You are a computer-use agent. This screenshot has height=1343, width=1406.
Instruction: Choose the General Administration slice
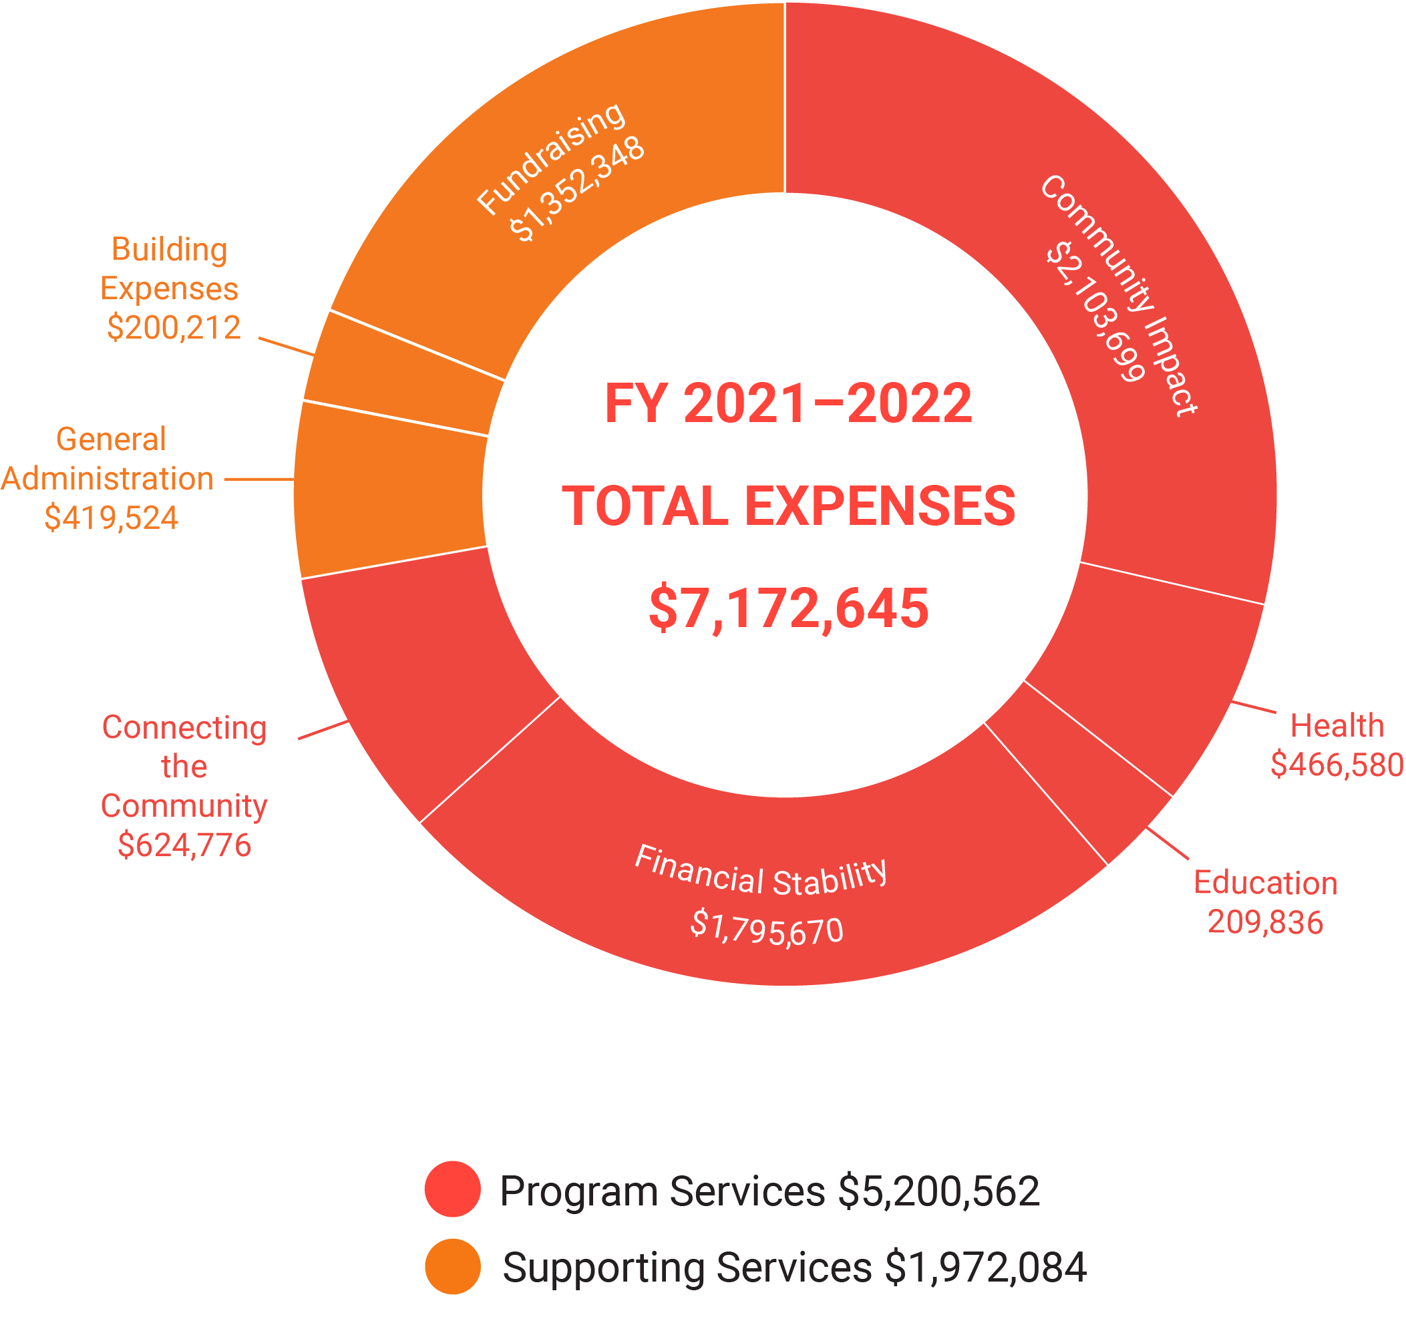point(390,490)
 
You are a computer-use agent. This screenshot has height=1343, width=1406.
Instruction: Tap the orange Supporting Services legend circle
point(452,1266)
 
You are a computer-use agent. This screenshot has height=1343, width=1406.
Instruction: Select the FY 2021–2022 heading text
point(787,403)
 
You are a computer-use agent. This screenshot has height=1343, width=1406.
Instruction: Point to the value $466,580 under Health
point(1336,765)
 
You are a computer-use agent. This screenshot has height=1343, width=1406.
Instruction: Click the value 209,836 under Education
point(1264,922)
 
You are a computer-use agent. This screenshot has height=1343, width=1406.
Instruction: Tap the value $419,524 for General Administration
point(111,518)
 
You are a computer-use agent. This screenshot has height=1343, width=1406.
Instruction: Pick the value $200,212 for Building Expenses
point(173,328)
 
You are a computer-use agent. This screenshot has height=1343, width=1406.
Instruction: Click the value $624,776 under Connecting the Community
point(184,845)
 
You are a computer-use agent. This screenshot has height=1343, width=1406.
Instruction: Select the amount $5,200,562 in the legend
point(938,1191)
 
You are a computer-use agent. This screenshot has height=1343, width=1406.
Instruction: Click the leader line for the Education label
point(1168,843)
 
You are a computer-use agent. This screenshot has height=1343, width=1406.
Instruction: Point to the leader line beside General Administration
point(258,479)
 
